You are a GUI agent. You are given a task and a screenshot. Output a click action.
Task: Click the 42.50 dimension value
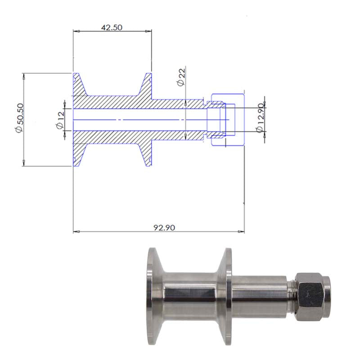[x=112, y=27]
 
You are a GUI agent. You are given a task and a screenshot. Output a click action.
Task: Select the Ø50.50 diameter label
[x=19, y=118]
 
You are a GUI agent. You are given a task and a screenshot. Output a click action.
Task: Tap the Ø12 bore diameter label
[x=60, y=120]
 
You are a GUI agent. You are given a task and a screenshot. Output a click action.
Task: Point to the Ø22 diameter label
[x=181, y=77]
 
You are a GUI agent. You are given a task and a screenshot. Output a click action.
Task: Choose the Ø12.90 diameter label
[x=260, y=118]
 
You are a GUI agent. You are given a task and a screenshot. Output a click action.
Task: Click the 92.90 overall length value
[x=164, y=228]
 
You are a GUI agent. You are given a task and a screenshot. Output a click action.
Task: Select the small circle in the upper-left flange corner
[x=74, y=80]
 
